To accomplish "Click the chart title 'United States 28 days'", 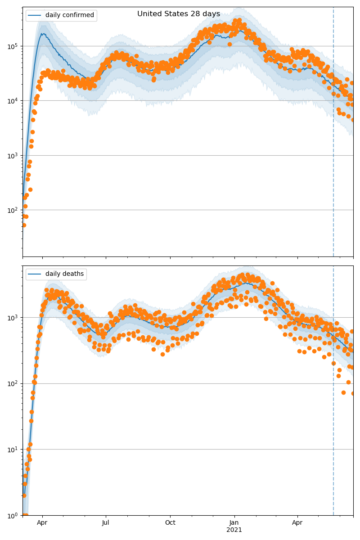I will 179,14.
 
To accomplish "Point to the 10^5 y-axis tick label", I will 12,46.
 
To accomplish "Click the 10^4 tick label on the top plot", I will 12,101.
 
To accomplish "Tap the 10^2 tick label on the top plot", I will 12,210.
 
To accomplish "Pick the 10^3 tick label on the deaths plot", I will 12,318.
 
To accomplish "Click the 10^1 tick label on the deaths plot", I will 12,450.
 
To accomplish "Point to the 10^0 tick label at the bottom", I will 12,515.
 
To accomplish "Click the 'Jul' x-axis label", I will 106,523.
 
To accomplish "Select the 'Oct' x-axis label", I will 170,523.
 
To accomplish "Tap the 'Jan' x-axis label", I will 234,523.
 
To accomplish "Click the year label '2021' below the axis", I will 234,530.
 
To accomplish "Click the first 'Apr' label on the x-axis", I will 42,523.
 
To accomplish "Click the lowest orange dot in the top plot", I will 24,225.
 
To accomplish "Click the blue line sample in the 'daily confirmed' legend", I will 35,15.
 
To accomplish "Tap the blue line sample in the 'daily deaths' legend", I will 35,274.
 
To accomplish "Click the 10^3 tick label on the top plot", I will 12,156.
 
